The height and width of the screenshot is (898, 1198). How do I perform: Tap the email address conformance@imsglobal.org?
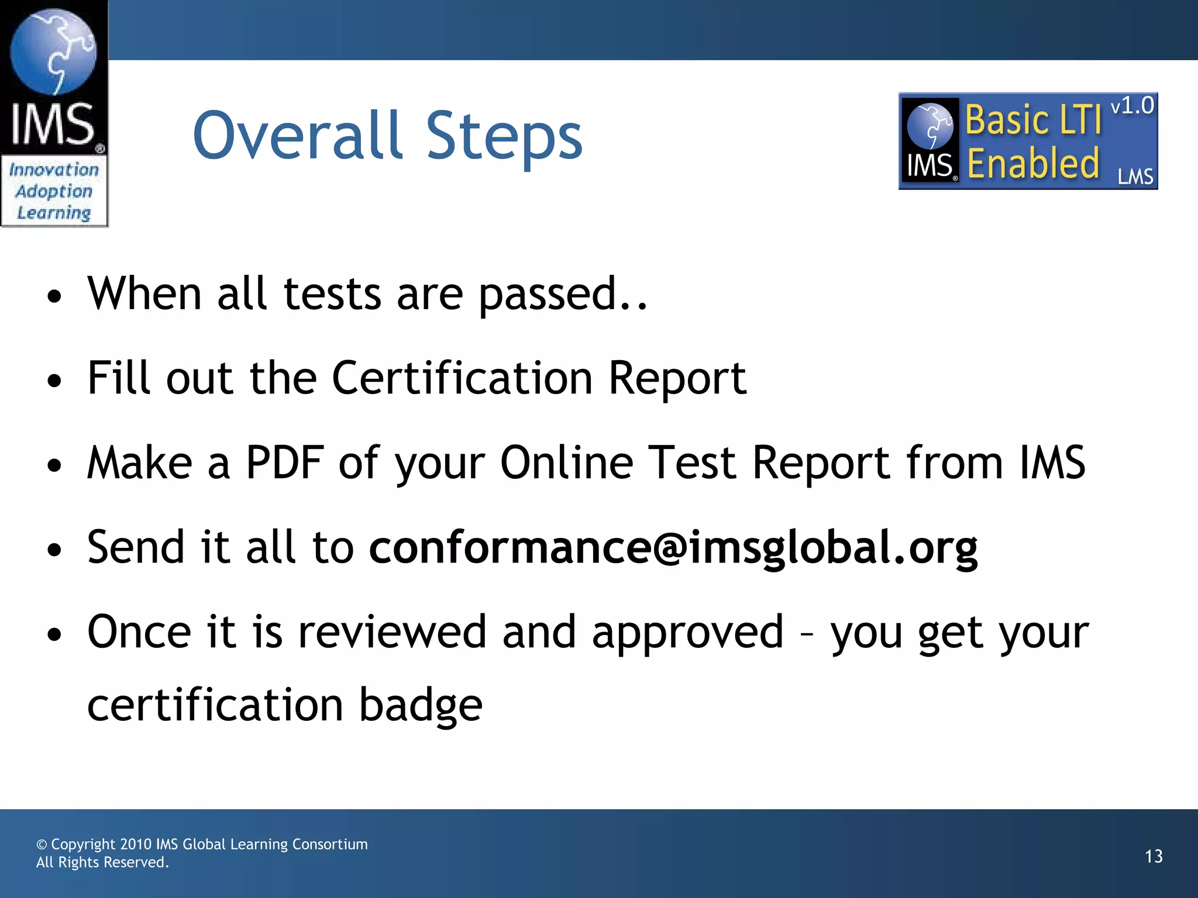click(x=673, y=548)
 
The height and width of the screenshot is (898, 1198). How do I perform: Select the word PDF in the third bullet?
click(x=284, y=462)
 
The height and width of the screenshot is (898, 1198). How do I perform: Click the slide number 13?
click(x=1153, y=856)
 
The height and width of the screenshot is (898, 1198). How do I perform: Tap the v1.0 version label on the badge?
click(x=1132, y=106)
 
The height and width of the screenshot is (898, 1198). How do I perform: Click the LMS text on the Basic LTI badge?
click(x=1135, y=177)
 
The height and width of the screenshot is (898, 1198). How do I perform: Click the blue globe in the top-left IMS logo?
click(x=53, y=51)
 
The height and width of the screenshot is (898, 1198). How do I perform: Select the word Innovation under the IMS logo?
click(x=54, y=170)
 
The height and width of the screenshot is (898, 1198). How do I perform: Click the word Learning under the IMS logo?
click(x=54, y=213)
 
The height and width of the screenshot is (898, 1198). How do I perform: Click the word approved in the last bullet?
click(x=687, y=633)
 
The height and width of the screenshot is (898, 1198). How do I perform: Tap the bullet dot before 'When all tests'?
click(x=54, y=296)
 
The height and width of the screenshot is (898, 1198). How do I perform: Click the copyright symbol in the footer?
click(x=42, y=845)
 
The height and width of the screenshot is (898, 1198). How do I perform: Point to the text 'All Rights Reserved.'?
click(x=102, y=862)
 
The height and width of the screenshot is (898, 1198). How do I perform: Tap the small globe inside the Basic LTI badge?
click(x=930, y=125)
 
